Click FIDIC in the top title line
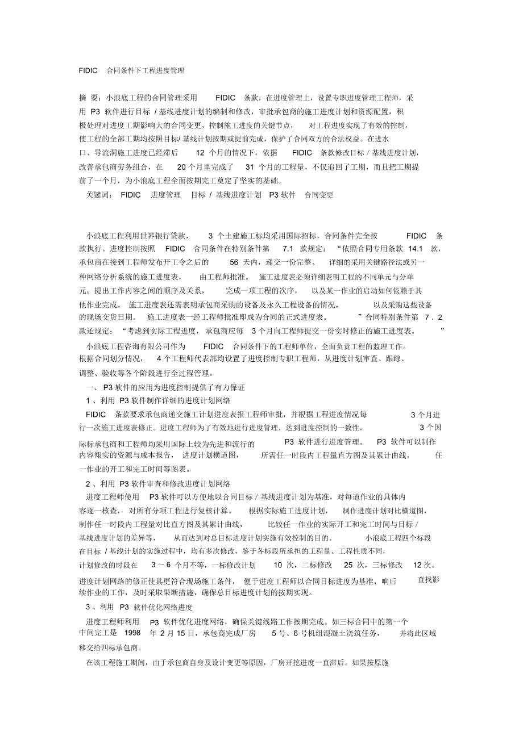[x=89, y=71]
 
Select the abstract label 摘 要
[x=87, y=98]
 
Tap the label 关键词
[x=96, y=195]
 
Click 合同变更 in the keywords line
[x=319, y=195]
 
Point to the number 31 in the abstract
[x=250, y=167]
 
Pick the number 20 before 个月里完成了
[x=182, y=167]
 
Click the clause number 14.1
[x=416, y=248]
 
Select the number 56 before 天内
[x=234, y=262]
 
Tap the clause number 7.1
[x=287, y=248]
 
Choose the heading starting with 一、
[x=165, y=387]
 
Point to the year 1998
[x=132, y=632]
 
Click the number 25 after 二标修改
[x=348, y=565]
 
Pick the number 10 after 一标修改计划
[x=278, y=565]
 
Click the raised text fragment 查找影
[x=429, y=579]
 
